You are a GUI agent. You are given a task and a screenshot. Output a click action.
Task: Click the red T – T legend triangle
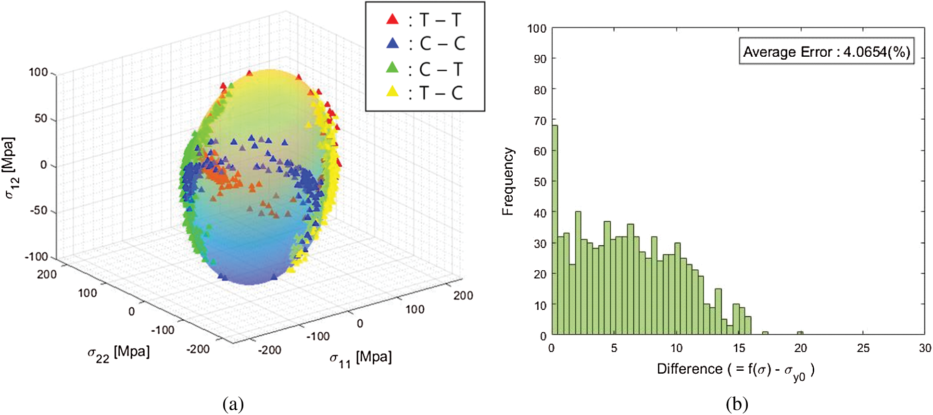point(392,19)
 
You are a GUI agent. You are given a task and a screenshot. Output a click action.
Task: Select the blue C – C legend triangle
point(392,43)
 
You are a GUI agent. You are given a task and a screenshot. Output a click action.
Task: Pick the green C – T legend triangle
point(392,68)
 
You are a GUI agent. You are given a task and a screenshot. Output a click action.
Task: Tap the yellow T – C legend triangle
point(392,91)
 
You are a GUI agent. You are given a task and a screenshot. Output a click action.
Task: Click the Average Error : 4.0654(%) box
point(826,52)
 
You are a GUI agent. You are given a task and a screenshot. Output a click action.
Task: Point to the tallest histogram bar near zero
point(555,229)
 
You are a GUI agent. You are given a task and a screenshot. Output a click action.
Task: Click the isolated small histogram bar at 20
point(800,333)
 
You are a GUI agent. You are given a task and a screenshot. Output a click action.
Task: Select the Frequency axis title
point(508,181)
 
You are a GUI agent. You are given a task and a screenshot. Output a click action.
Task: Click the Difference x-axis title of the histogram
point(735,370)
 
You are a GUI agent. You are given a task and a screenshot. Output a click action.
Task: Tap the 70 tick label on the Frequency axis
point(540,120)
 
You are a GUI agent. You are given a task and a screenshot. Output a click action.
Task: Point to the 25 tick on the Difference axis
point(863,348)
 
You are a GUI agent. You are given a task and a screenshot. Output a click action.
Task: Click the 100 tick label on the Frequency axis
point(537,28)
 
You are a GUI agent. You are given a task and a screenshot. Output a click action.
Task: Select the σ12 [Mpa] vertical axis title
point(10,168)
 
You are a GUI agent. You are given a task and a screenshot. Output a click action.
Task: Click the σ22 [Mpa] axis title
point(118,353)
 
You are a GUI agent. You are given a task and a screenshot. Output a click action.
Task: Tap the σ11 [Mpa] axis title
point(361,358)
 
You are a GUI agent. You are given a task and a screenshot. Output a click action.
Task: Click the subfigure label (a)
point(233,404)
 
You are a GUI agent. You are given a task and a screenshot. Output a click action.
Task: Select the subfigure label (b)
point(737,404)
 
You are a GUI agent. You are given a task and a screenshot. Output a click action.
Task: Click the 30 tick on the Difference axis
point(925,348)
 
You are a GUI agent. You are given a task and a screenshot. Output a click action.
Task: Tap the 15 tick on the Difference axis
point(739,348)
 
